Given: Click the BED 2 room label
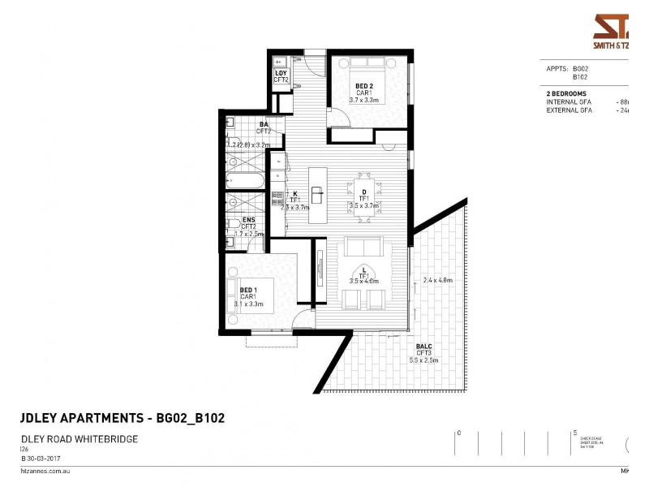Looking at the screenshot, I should pos(363,85).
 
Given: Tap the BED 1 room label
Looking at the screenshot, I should pos(248,290).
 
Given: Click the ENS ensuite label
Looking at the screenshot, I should pos(249,220).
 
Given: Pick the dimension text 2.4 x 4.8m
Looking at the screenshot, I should pos(437,281).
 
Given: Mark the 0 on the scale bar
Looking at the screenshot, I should pos(459,433).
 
